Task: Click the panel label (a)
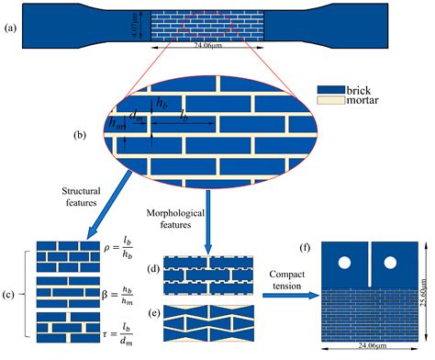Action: [11, 27]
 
